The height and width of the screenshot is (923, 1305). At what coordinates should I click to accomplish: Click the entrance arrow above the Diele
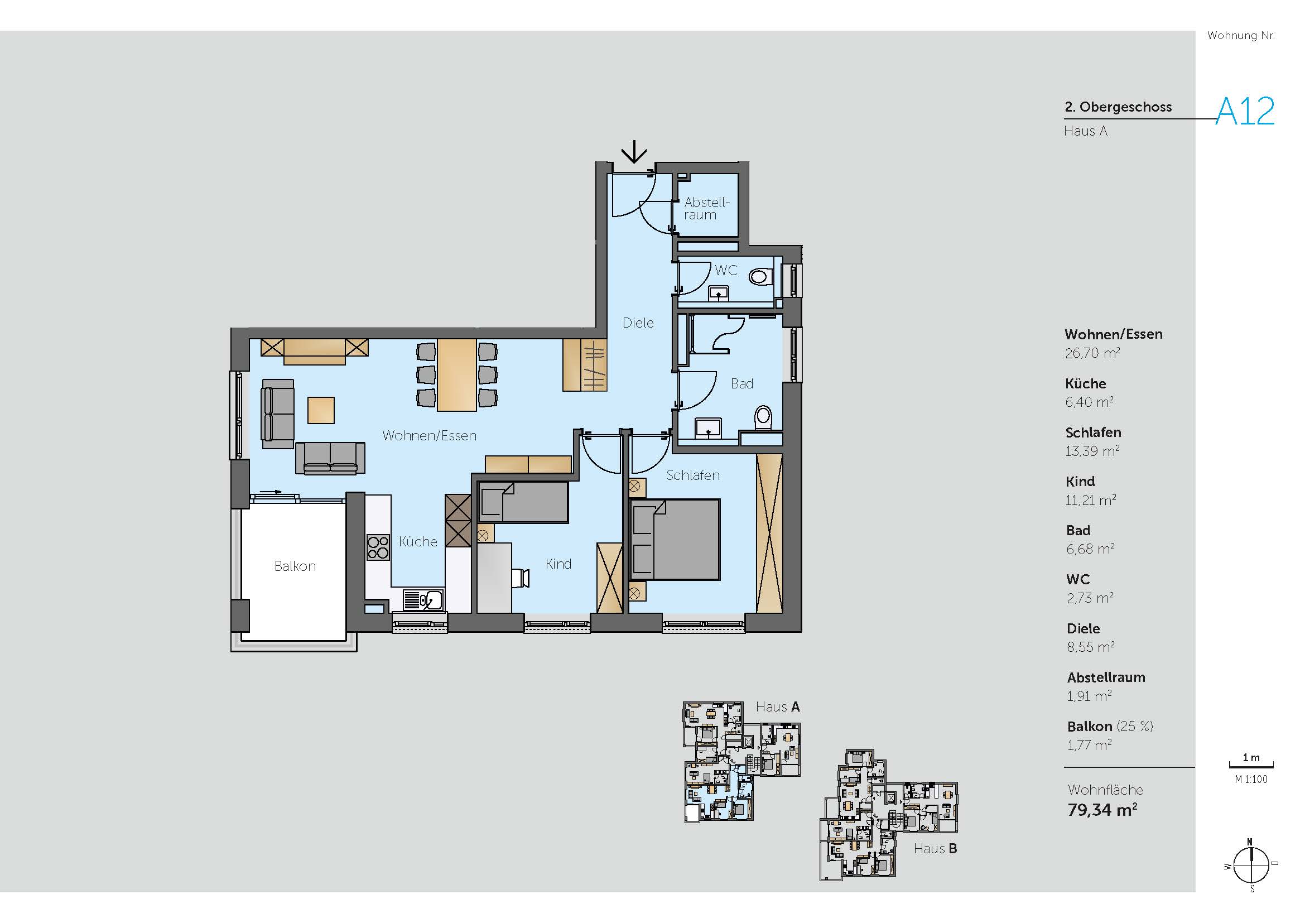pyautogui.click(x=634, y=152)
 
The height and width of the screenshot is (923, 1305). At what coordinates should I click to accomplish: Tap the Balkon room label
pyautogui.click(x=295, y=566)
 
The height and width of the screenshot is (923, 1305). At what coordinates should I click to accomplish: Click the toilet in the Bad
pyautogui.click(x=763, y=418)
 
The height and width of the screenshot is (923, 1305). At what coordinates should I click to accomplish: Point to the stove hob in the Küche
pyautogui.click(x=378, y=547)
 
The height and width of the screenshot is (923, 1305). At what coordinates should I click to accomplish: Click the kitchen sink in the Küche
pyautogui.click(x=423, y=599)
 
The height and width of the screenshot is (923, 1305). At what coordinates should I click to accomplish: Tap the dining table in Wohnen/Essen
pyautogui.click(x=456, y=374)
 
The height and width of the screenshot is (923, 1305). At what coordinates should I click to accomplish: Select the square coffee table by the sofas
pyautogui.click(x=321, y=410)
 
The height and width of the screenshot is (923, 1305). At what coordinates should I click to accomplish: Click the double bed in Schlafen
pyautogui.click(x=675, y=540)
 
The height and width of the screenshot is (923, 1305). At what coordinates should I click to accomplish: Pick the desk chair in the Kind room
pyautogui.click(x=521, y=578)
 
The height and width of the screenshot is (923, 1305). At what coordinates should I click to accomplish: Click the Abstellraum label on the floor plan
pyautogui.click(x=706, y=209)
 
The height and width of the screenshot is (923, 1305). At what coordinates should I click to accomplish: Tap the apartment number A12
pyautogui.click(x=1245, y=112)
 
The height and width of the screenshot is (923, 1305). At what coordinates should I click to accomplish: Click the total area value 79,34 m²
pyautogui.click(x=1102, y=809)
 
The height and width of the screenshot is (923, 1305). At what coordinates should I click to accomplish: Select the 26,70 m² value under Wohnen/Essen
pyautogui.click(x=1092, y=353)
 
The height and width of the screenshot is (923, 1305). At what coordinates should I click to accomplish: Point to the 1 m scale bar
pyautogui.click(x=1251, y=765)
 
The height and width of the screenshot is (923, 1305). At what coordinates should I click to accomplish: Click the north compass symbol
pyautogui.click(x=1251, y=866)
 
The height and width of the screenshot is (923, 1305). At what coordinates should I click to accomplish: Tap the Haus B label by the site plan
pyautogui.click(x=935, y=849)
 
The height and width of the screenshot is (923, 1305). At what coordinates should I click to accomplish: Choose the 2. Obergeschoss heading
pyautogui.click(x=1118, y=107)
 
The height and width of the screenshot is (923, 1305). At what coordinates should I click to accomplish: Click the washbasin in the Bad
pyautogui.click(x=708, y=428)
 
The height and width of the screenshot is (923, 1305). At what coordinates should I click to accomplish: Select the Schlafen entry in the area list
pyautogui.click(x=1093, y=432)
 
